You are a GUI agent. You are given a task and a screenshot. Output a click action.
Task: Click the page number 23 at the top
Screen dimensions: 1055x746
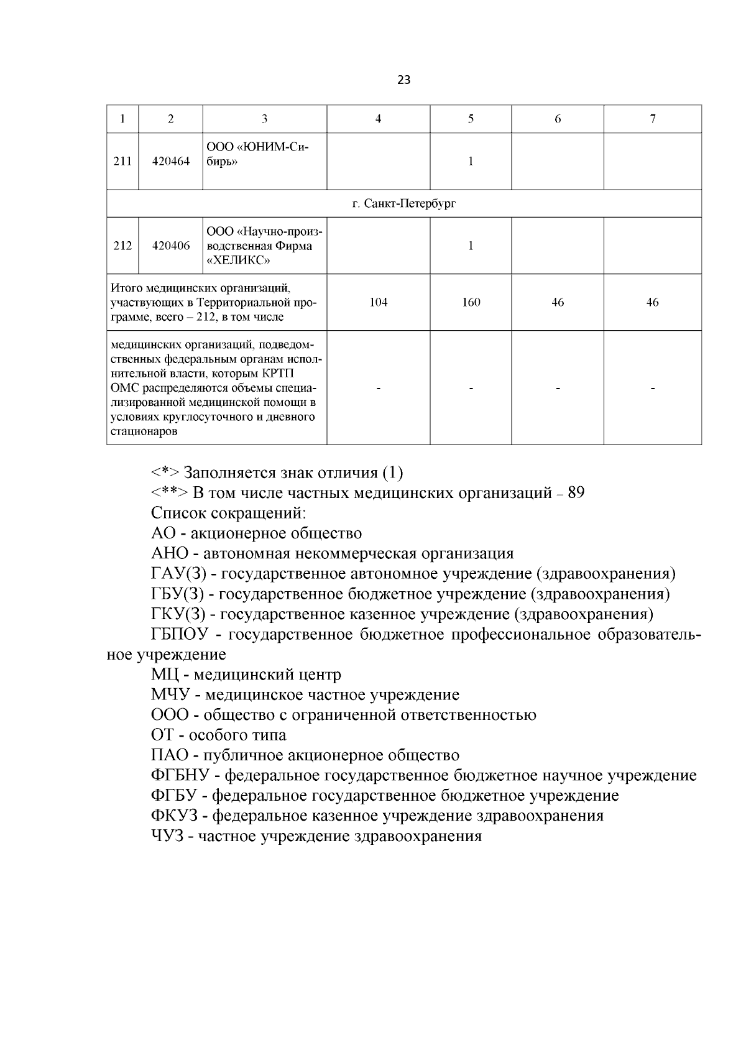403,80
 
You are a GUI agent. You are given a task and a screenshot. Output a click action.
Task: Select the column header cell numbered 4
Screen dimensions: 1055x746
378,119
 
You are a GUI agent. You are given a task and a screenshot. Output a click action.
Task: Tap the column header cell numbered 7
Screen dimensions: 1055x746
652,119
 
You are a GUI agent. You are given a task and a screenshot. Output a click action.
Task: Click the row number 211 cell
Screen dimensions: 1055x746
122,161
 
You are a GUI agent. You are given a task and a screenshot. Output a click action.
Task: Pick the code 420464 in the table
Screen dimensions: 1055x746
171,161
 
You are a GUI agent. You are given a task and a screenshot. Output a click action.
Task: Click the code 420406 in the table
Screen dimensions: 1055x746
171,246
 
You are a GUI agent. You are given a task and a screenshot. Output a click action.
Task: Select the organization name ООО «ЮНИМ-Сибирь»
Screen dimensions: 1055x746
257,154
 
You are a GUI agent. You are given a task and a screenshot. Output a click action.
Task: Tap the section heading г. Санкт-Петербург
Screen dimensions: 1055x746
403,203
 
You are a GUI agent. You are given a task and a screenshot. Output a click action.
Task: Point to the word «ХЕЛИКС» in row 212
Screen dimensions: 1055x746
238,260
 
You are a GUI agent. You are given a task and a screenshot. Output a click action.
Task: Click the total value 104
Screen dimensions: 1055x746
378,302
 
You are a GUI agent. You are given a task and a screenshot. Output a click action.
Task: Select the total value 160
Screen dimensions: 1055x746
471,302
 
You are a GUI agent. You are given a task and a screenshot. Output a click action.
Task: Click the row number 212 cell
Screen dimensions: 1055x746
122,246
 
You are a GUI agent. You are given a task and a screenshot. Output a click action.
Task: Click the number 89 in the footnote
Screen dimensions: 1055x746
576,494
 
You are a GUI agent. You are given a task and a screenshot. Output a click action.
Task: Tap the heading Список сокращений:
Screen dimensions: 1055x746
228,514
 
